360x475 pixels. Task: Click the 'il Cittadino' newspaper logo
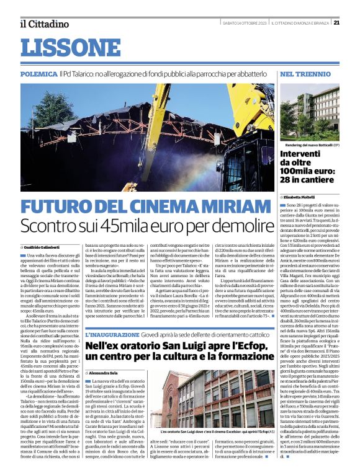point(43,24)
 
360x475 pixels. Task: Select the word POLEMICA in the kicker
point(38,73)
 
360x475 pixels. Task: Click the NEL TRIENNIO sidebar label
point(304,73)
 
